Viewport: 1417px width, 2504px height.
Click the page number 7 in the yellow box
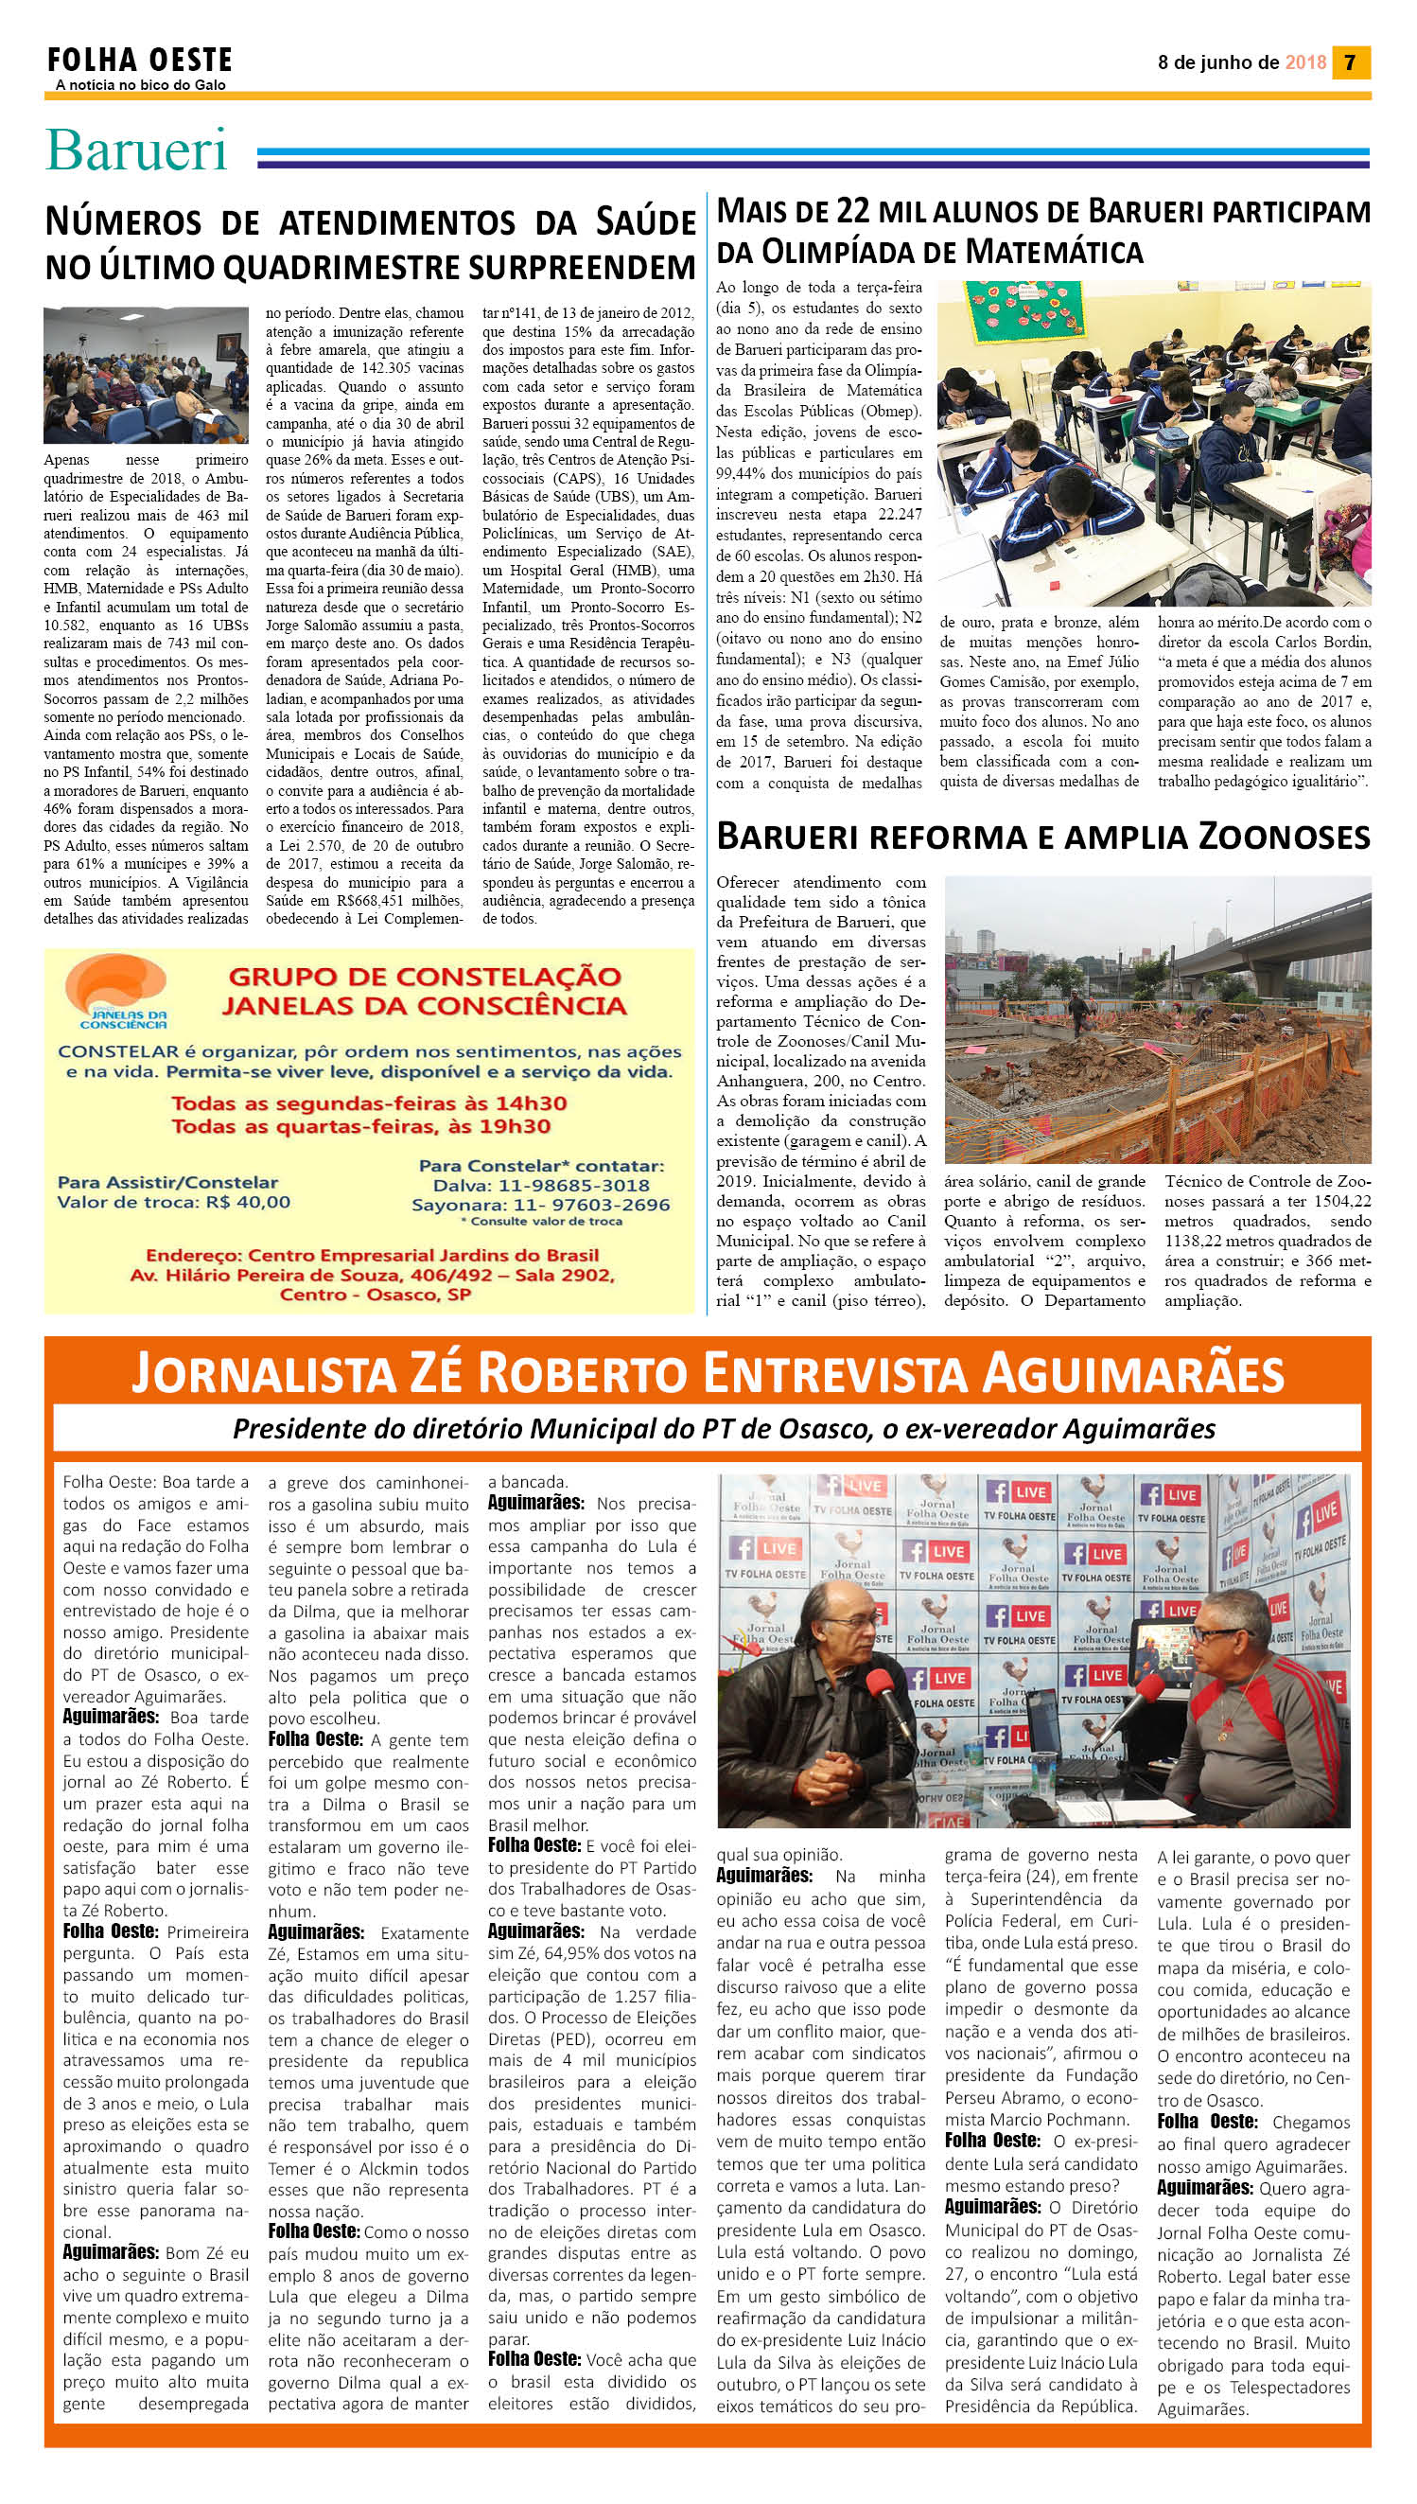[1349, 62]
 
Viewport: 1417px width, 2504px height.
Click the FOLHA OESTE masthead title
[140, 61]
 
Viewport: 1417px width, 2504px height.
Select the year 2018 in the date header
[1305, 62]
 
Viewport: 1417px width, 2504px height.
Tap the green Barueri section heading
[136, 150]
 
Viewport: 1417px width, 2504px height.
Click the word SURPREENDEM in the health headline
[581, 266]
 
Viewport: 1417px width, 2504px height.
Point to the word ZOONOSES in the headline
[1284, 837]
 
